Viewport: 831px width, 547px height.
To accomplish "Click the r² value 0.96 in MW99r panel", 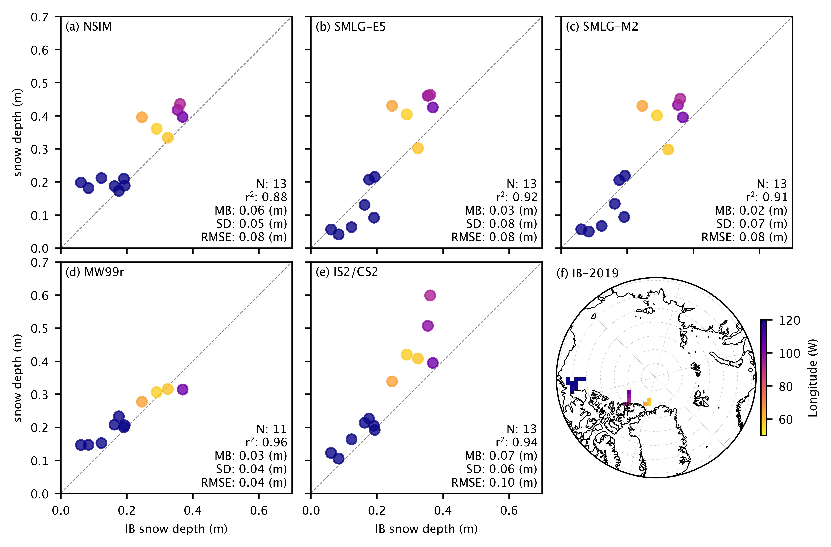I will click(x=267, y=443).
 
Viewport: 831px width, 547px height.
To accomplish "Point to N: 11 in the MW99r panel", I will click(x=272, y=429).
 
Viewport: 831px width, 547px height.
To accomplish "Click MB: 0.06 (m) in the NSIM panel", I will click(x=251, y=210).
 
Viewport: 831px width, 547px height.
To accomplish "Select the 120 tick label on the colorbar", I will click(x=790, y=321).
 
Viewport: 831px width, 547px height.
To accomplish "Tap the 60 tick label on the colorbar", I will click(x=786, y=419).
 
